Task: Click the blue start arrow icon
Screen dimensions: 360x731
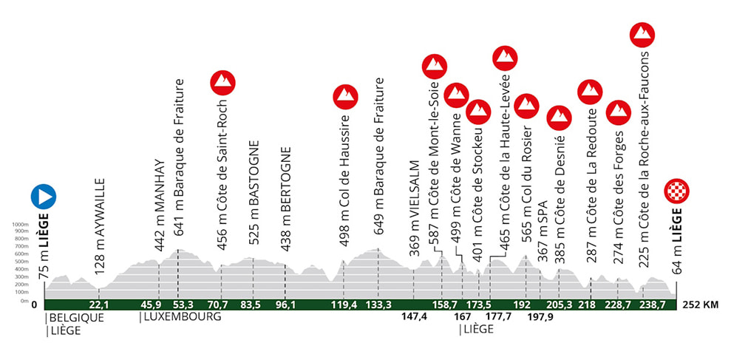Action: [44, 197]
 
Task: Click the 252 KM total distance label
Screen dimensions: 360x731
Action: [701, 305]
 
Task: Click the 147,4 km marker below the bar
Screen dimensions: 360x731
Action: [411, 317]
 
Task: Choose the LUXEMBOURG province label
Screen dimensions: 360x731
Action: [181, 318]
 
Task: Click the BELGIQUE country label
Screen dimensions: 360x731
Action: [75, 318]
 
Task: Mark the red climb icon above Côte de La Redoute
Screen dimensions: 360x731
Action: [590, 91]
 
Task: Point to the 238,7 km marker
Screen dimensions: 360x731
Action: [648, 305]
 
